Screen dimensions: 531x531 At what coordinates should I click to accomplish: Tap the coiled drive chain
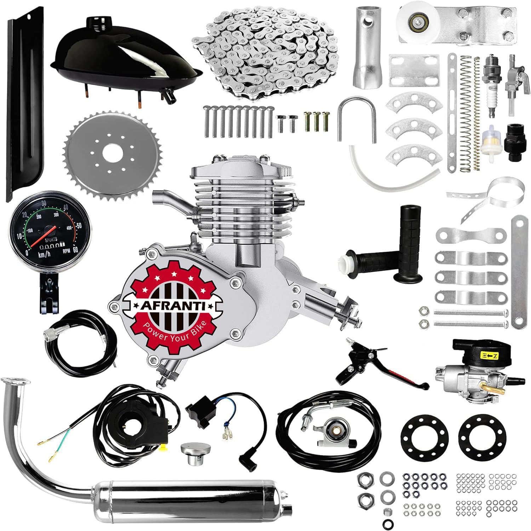click(265, 50)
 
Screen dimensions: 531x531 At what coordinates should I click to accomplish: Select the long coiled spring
click(467, 113)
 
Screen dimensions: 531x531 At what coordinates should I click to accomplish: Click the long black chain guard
click(23, 106)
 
